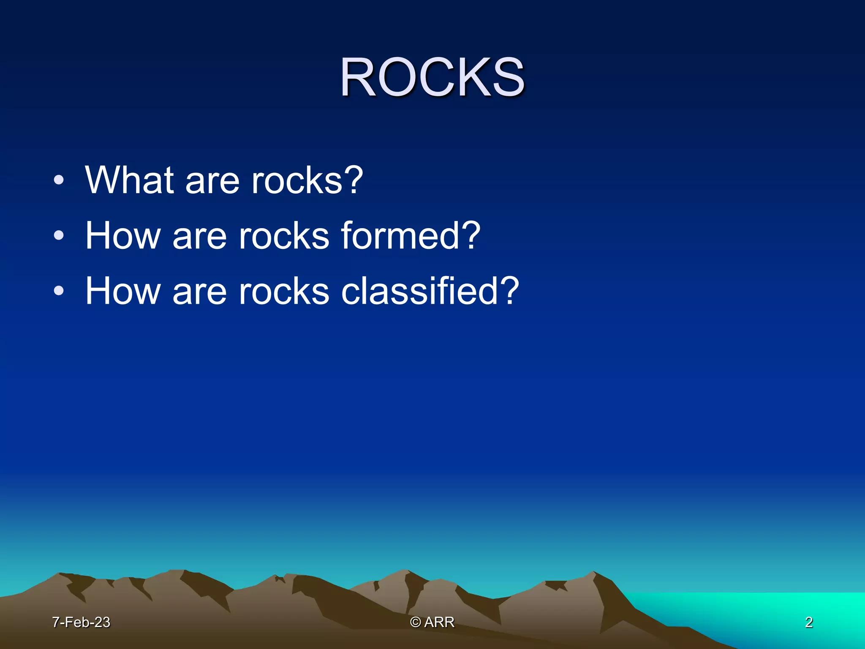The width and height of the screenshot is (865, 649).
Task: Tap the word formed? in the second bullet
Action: tap(410, 236)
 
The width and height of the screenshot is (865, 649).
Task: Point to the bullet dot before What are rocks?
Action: tap(59, 181)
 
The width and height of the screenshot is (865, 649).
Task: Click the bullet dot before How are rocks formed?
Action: tap(59, 236)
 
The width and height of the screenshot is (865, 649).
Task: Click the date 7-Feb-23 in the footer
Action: tap(81, 622)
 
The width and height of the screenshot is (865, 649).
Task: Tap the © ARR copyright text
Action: tap(432, 622)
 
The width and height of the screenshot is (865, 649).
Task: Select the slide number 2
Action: tap(809, 622)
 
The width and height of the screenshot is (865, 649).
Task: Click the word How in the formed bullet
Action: tap(122, 236)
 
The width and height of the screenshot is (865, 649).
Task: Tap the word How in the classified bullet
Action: tap(122, 291)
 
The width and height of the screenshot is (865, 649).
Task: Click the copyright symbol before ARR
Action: tap(416, 622)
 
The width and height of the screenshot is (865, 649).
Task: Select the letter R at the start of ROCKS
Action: tap(357, 78)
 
